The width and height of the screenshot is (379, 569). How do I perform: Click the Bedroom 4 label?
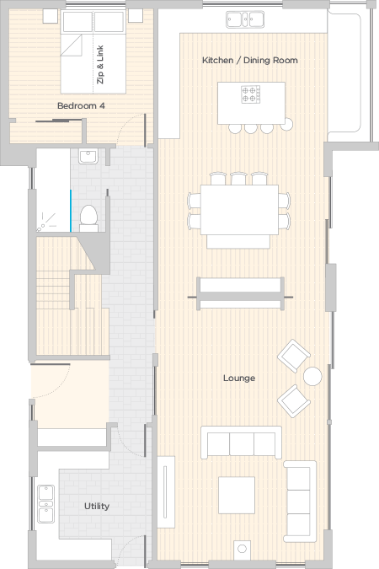pos(81,105)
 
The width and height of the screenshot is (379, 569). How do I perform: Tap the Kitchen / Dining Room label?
pos(250,60)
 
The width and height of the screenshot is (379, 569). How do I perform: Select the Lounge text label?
pos(239,378)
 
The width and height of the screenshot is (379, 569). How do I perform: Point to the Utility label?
pos(97,506)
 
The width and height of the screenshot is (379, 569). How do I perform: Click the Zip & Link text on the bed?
pos(100,65)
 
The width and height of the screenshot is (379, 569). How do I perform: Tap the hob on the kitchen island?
pos(251,94)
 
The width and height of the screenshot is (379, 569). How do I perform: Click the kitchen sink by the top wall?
pos(245,19)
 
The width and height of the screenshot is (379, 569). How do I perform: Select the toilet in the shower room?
pos(88,218)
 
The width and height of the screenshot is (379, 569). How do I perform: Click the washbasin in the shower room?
pos(88,157)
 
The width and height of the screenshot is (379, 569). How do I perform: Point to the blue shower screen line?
pos(71,211)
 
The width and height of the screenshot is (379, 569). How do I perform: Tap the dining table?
pos(239,210)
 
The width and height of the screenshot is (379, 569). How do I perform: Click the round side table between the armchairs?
pos(312,376)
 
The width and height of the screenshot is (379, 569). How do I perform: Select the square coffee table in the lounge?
pos(237,495)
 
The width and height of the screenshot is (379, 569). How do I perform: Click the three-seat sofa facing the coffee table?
pos(241,443)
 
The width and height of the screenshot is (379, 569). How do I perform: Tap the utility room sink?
pos(46,504)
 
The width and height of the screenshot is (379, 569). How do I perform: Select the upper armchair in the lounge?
pos(294,356)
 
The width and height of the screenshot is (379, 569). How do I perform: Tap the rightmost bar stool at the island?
pos(286,124)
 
